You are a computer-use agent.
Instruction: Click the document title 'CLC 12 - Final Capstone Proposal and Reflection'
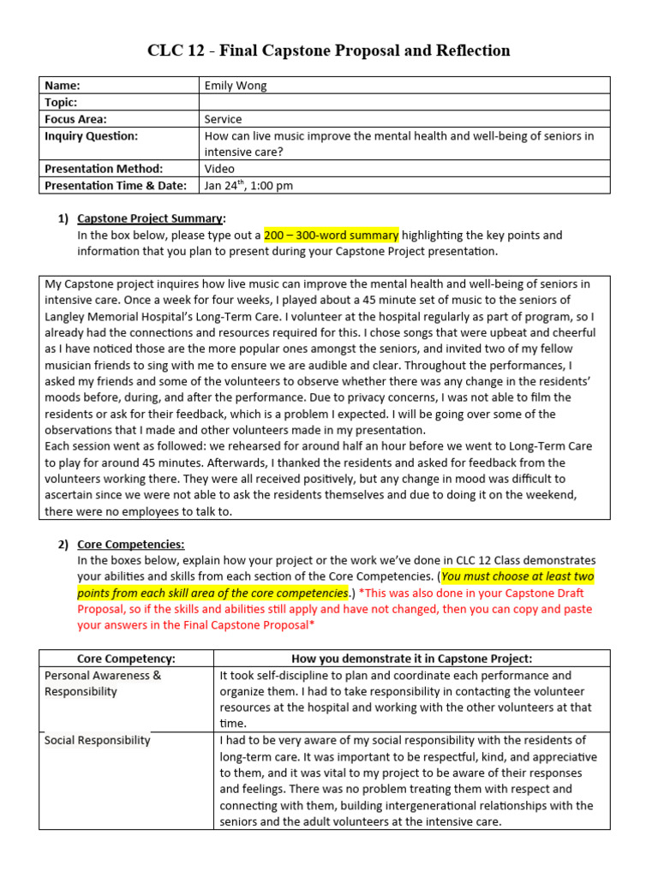point(329,51)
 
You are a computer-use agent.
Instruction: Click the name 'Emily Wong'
point(236,85)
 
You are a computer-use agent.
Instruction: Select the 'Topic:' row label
point(61,102)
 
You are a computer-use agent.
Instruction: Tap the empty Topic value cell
point(404,102)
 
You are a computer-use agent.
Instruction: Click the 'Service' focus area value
point(223,119)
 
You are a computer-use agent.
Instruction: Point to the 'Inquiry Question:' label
point(91,135)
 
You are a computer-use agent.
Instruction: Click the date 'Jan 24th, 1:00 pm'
point(248,185)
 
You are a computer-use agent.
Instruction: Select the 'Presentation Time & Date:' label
point(116,185)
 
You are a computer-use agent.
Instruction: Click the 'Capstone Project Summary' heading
point(150,218)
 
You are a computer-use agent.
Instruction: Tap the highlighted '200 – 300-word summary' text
point(331,235)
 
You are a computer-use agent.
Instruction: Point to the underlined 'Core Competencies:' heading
point(130,544)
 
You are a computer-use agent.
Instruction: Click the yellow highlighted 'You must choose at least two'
point(517,576)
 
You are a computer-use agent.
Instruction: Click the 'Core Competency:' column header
point(126,659)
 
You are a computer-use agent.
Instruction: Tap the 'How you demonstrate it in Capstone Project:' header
point(412,659)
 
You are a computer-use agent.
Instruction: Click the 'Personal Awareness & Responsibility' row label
point(103,683)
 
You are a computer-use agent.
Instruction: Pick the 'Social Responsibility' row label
point(97,740)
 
